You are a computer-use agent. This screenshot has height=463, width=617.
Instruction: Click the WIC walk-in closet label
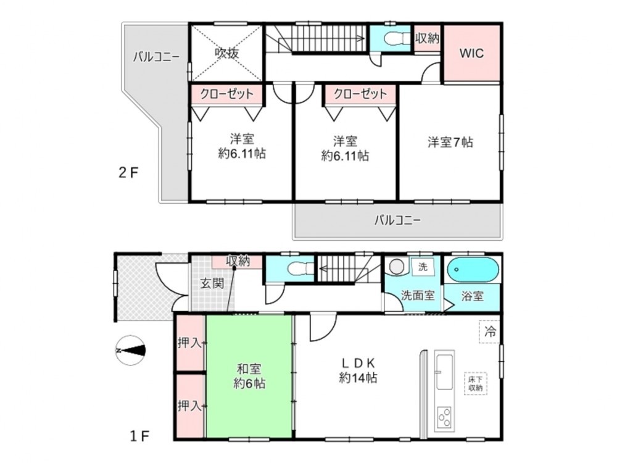(471, 54)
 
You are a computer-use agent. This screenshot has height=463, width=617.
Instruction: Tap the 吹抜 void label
(226, 53)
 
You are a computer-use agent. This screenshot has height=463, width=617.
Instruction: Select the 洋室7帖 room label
(450, 142)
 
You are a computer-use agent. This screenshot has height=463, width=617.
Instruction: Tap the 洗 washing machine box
(423, 267)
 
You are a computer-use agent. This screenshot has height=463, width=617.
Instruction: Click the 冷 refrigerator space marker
(490, 332)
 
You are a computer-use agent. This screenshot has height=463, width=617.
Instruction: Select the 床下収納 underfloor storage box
(475, 383)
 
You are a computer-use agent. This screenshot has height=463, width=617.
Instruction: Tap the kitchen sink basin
(445, 372)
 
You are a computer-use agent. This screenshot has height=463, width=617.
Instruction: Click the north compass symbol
(131, 351)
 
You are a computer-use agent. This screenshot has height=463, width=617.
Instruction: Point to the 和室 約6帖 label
(249, 376)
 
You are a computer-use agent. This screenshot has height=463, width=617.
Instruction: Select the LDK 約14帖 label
(358, 370)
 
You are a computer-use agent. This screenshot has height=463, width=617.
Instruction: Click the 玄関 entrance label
(212, 283)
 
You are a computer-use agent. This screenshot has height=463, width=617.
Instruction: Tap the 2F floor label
(128, 173)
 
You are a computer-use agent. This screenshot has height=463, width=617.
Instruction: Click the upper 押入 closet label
(189, 343)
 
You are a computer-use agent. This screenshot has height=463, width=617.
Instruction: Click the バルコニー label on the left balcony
(156, 57)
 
